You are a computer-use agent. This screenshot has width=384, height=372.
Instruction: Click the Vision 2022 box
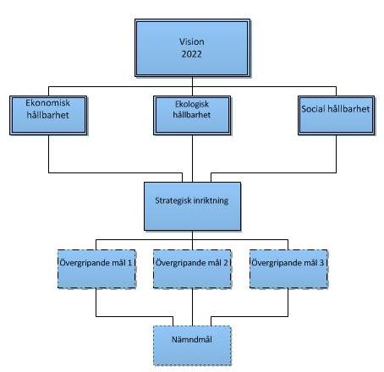tap(192, 48)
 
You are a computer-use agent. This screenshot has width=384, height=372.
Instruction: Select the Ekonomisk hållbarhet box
tap(48, 115)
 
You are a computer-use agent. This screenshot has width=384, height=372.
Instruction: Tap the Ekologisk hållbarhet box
tap(192, 115)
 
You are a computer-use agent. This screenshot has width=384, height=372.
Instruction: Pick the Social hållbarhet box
tap(337, 115)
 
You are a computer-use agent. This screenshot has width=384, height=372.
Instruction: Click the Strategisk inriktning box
tap(192, 206)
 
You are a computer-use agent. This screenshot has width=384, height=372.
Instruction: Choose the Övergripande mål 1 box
tap(96, 269)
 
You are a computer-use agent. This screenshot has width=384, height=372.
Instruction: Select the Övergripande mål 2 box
tap(192, 269)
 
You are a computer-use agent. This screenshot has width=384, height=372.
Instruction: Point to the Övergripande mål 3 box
tap(288, 269)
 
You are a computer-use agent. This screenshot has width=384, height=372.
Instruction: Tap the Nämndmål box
tap(192, 346)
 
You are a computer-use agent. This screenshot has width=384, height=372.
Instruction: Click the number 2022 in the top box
tap(192, 54)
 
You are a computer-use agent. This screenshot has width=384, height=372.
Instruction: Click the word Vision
tap(192, 41)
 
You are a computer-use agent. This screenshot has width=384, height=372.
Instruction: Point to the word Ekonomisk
tap(47, 103)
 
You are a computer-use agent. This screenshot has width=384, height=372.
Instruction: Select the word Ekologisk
tap(192, 104)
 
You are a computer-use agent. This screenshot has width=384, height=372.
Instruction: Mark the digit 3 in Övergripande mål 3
tap(321, 263)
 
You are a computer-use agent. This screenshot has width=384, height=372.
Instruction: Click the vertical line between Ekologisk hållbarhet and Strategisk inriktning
tap(192, 159)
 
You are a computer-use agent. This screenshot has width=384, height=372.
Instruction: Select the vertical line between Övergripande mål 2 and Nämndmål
tap(192, 307)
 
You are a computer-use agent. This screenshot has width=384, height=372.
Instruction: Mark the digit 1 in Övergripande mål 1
tap(129, 263)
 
